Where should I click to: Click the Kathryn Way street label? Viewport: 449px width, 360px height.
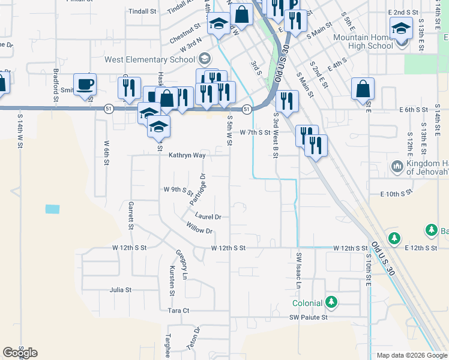(x=187, y=155)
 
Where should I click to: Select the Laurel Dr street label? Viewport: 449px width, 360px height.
(x=208, y=217)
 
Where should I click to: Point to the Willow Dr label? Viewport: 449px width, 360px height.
(x=199, y=229)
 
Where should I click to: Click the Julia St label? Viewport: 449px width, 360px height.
(x=120, y=290)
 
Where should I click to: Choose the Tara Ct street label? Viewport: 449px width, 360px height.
(x=178, y=310)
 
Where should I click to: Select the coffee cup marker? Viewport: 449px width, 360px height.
(x=85, y=84)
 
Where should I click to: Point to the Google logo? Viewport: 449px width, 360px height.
(x=20, y=353)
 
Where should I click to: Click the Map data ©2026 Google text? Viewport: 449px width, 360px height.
(x=412, y=355)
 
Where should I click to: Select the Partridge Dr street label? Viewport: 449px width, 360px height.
(x=198, y=188)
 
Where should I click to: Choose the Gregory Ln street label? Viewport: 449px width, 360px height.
(x=181, y=265)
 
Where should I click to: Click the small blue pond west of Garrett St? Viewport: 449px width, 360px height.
(x=53, y=209)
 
